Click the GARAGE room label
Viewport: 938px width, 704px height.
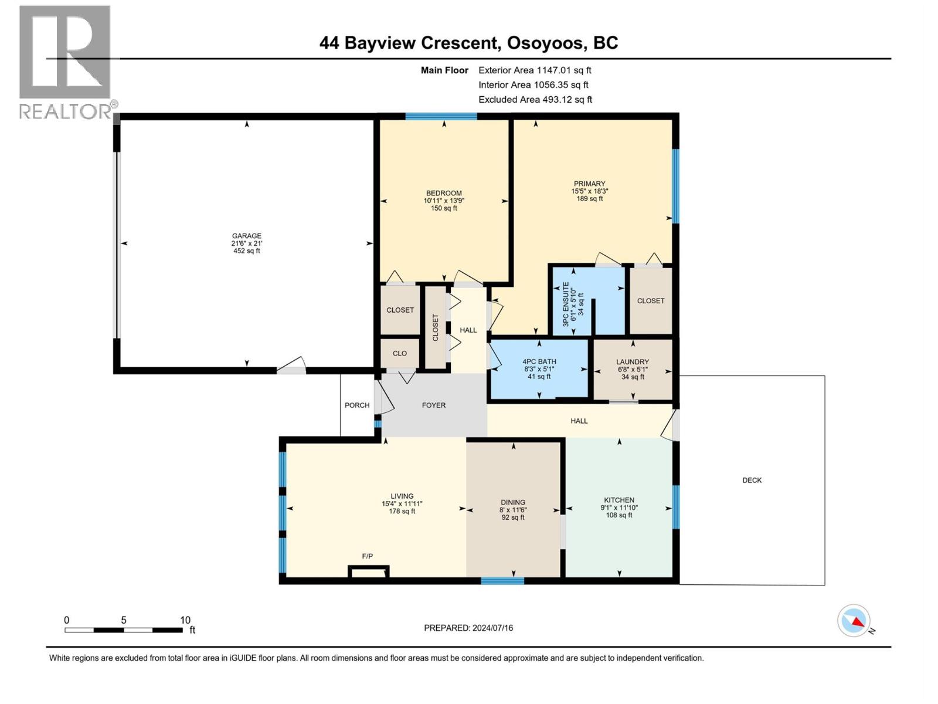pos(246,236)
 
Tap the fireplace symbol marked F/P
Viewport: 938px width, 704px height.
pos(369,571)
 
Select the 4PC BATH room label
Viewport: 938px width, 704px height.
pos(539,361)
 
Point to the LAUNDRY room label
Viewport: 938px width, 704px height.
pos(633,362)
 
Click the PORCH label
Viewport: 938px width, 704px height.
pos(357,405)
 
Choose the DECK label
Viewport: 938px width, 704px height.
pos(752,480)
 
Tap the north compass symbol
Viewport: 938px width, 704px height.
pos(854,621)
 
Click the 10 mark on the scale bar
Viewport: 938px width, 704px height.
pos(185,620)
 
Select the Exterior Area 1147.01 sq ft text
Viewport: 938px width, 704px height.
pos(535,70)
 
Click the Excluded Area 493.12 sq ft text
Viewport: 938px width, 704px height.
pos(535,99)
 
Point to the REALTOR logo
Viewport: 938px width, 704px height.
pos(65,62)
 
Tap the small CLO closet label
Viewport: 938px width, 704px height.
pos(400,353)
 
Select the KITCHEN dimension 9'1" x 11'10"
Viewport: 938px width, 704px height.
pos(618,507)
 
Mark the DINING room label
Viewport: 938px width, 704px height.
pos(513,502)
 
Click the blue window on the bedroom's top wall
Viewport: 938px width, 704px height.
pos(441,116)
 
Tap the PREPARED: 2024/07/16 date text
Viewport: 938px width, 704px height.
pos(468,628)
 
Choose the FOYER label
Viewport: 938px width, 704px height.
pos(434,405)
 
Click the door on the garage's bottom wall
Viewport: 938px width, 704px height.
pos(291,367)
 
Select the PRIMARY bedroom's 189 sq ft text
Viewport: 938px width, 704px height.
pos(589,199)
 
